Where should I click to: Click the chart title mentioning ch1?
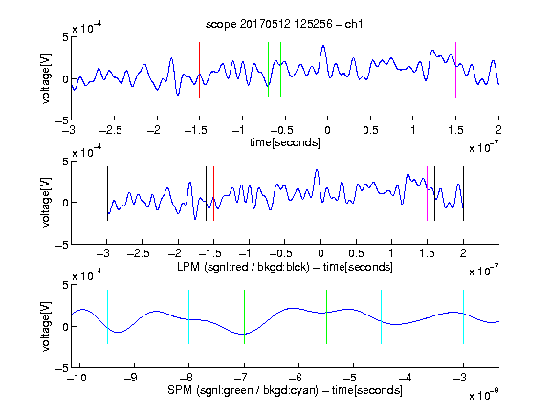(x=284, y=24)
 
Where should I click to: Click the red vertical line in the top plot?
(x=199, y=70)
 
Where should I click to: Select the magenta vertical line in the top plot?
(x=455, y=70)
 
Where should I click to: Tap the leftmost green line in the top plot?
(x=268, y=69)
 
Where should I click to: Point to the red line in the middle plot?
(x=213, y=193)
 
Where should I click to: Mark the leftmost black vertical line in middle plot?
(x=107, y=193)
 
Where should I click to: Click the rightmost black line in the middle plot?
(x=464, y=193)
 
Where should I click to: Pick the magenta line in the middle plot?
(x=427, y=193)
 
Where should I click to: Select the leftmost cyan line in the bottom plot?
(x=107, y=316)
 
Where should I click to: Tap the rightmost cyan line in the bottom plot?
(x=464, y=316)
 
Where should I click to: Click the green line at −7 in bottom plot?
(x=244, y=316)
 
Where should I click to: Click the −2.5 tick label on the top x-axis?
(x=111, y=130)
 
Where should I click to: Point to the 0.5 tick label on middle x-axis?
(x=356, y=253)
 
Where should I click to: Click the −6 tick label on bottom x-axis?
(x=296, y=378)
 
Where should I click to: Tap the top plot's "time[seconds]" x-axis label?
(x=285, y=143)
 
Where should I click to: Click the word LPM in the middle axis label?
(x=188, y=267)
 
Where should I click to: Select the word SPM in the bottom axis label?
(x=180, y=390)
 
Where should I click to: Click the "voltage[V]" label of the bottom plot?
(x=46, y=326)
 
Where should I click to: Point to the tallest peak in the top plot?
(x=323, y=46)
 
